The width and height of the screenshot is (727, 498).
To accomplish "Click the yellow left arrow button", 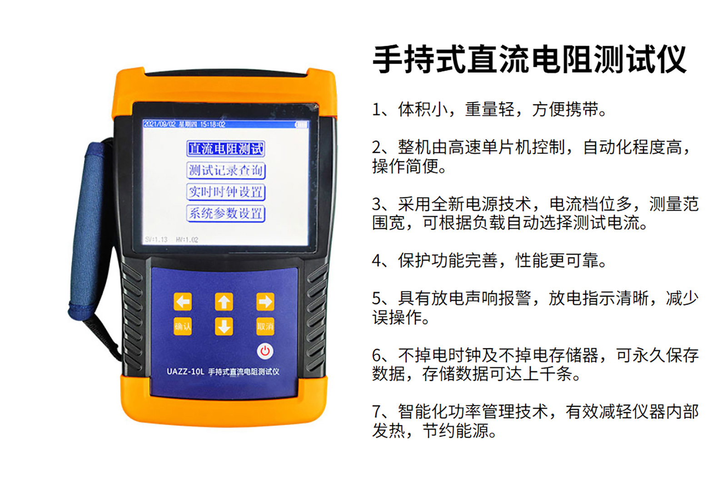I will (x=183, y=301).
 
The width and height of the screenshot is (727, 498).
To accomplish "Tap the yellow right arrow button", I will (x=265, y=301).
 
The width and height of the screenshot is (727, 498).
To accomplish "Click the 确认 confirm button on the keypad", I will (x=183, y=326).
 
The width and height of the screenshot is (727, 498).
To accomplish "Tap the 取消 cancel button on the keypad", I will (x=265, y=326).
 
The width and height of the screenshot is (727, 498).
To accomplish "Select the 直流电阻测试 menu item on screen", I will (x=225, y=148).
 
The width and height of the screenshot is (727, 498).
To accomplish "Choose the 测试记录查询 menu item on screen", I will (x=225, y=170).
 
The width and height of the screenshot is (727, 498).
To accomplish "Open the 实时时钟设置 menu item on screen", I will (x=225, y=192).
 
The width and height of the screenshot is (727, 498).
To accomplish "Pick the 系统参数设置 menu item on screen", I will (x=225, y=213).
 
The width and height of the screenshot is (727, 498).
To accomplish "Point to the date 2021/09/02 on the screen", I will (x=159, y=124).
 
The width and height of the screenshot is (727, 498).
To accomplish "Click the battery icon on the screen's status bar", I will (x=301, y=124).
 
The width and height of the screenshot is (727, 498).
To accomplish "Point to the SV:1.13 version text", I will (x=156, y=239).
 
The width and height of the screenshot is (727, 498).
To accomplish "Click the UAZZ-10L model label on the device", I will (x=185, y=371).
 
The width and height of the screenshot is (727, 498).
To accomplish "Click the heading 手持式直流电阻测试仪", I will (x=529, y=59).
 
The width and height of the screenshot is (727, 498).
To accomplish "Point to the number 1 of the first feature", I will (x=377, y=110).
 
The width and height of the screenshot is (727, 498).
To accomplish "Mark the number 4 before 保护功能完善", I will (x=377, y=261).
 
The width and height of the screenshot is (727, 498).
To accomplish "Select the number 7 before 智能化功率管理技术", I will (x=377, y=412).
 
